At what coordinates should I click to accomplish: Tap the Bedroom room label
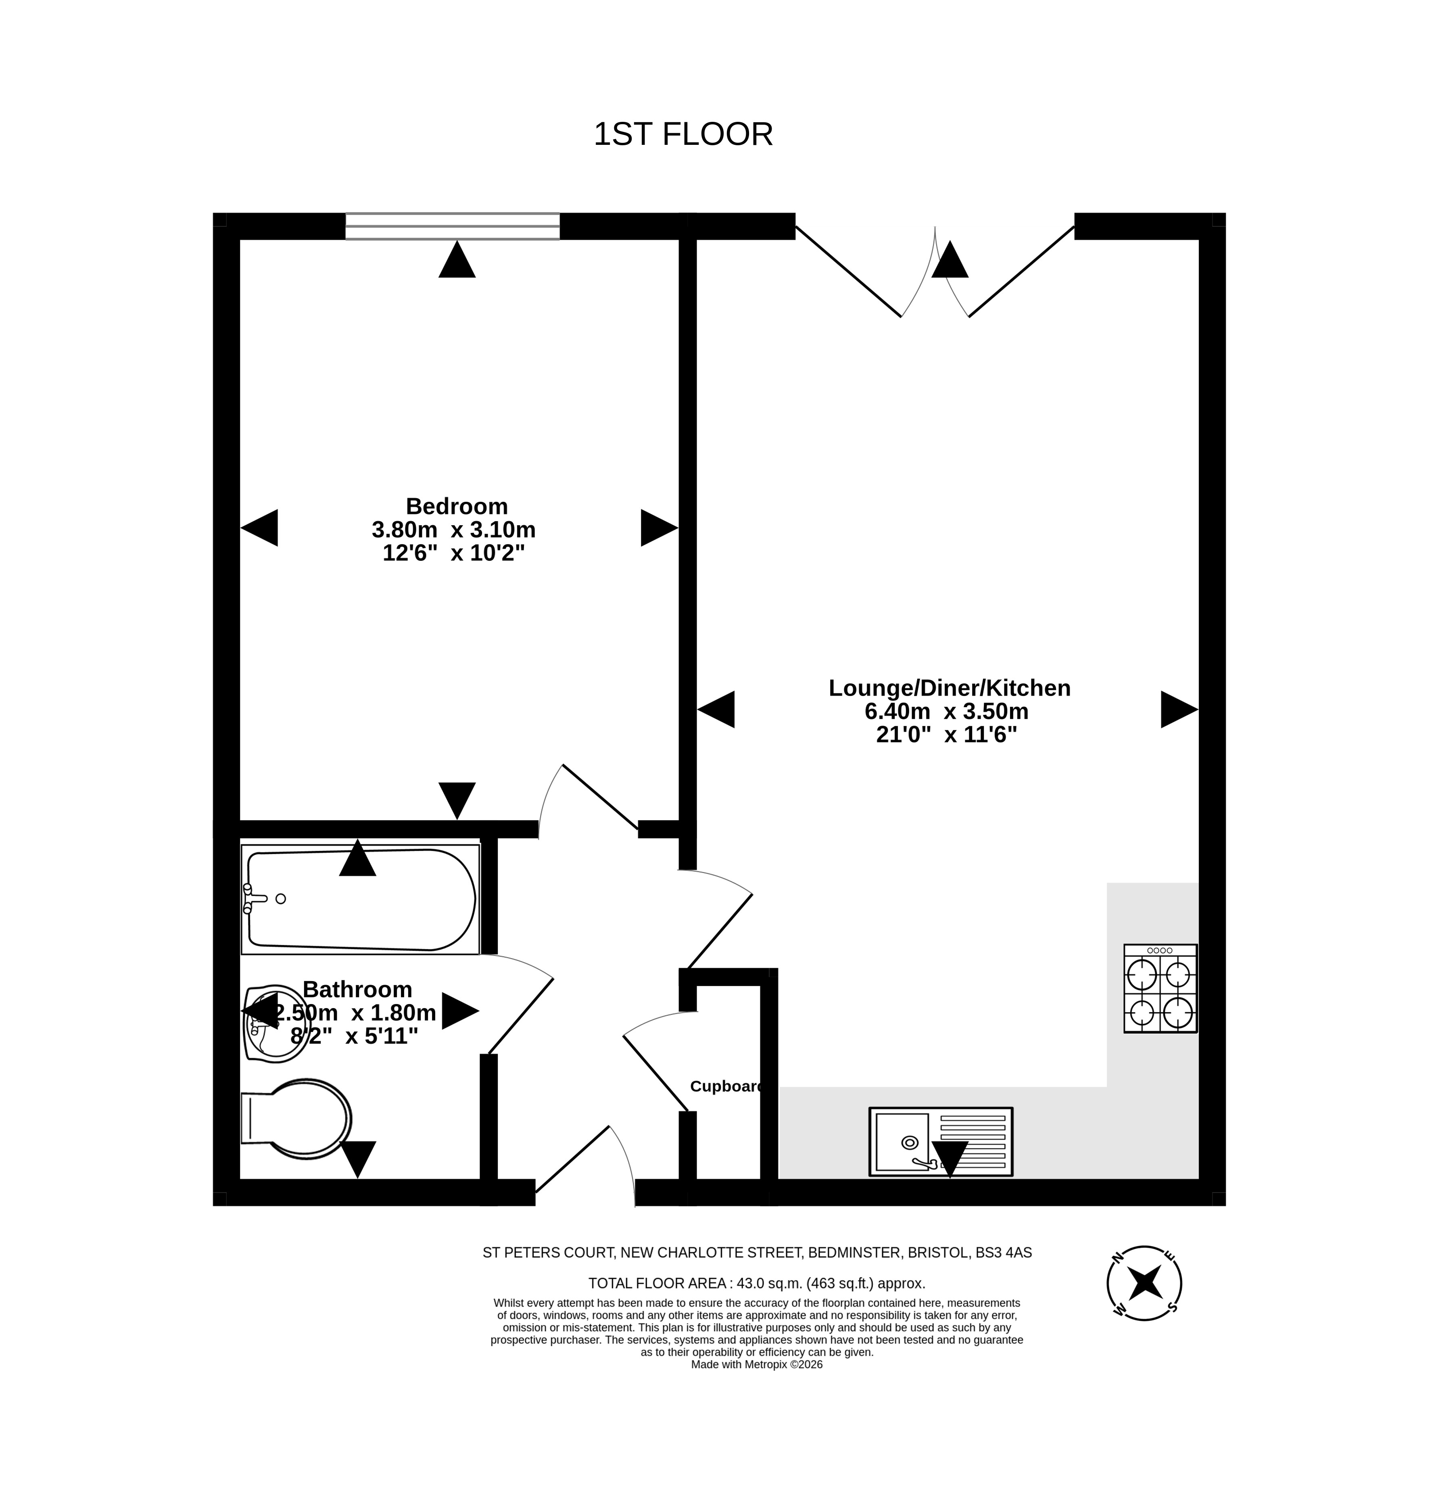tap(457, 506)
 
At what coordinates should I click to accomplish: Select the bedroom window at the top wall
tap(453, 226)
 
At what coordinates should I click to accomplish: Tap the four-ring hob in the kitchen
tap(1160, 988)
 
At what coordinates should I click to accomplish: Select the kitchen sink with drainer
tap(940, 1142)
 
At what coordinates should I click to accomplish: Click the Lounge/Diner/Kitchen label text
tap(950, 687)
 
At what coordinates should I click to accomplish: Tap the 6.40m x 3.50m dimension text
tap(947, 711)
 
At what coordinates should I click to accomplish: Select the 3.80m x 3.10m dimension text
tap(453, 530)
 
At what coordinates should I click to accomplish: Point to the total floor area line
tap(757, 1283)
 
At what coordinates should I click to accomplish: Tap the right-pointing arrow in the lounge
tap(1179, 710)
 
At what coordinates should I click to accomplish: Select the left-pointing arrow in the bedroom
tap(259, 527)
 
